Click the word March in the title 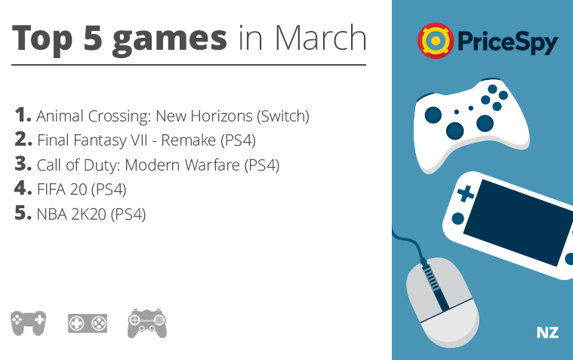[320, 38]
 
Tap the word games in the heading [170, 41]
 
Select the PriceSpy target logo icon [436, 41]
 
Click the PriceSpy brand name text [507, 42]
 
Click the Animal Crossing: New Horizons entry [172, 116]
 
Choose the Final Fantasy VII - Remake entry [146, 140]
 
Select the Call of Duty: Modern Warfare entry [158, 165]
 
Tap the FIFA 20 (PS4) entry [82, 189]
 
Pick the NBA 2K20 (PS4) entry [91, 214]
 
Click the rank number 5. [23, 213]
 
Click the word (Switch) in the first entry [283, 116]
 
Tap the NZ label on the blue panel [547, 333]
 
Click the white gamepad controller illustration [471, 125]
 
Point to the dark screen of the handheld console [518, 222]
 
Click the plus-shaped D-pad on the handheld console [466, 193]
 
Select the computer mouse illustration [443, 302]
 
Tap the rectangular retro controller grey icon [88, 323]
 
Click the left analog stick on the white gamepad [433, 115]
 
